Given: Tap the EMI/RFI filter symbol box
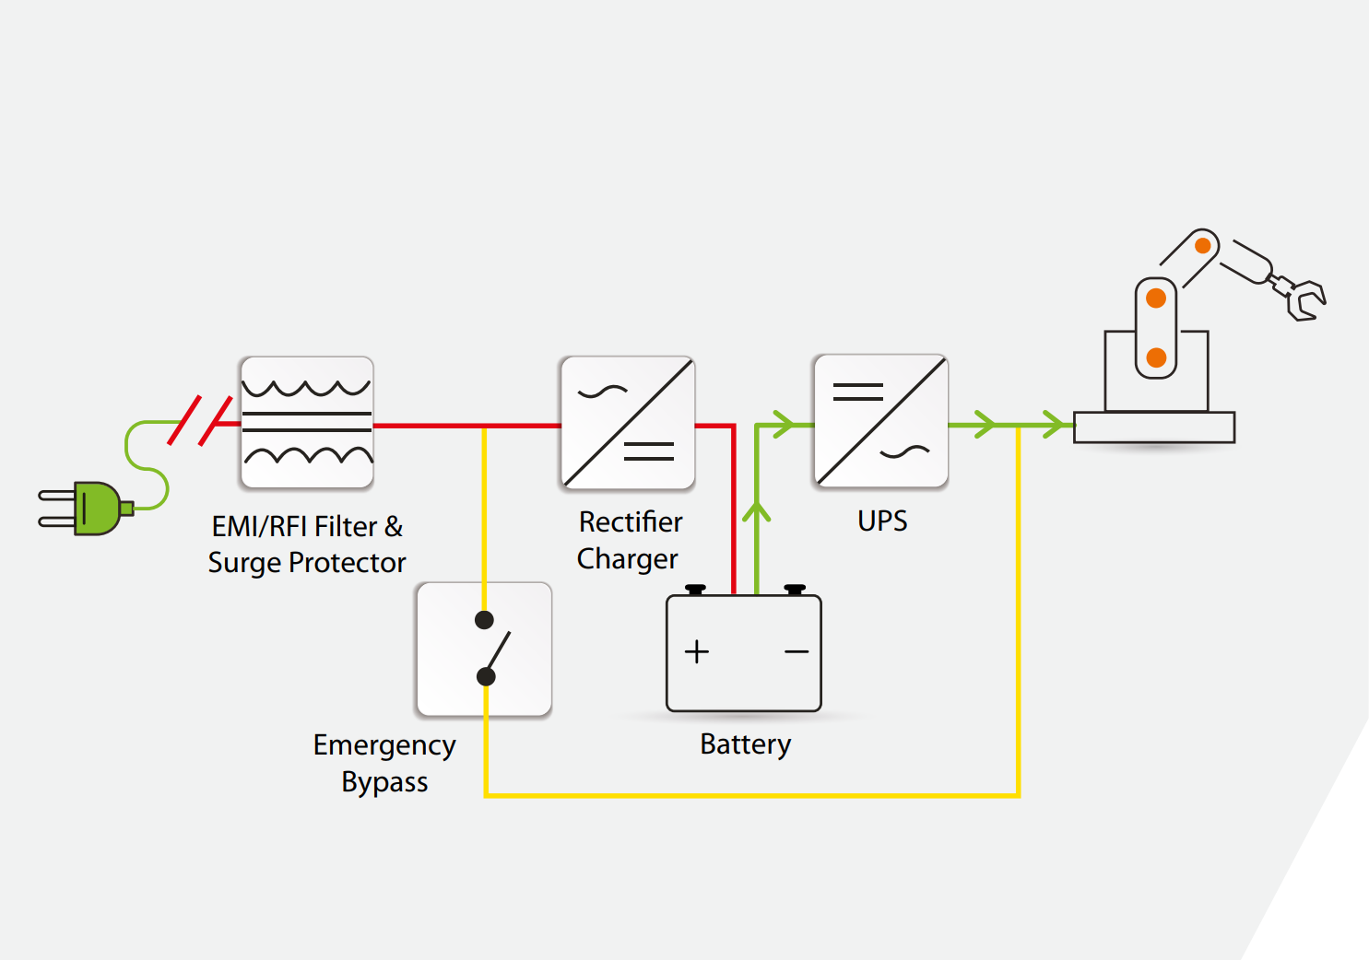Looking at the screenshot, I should click(307, 423).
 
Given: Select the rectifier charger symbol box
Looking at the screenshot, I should click(628, 423).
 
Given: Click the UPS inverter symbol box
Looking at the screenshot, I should click(881, 421).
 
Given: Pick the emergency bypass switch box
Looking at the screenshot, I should click(484, 650).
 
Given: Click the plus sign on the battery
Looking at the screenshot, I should click(697, 651).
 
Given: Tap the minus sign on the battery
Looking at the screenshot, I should click(797, 651).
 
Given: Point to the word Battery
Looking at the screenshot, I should click(745, 744).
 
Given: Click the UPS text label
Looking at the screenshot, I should click(882, 521).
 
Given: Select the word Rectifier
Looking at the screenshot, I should click(631, 522).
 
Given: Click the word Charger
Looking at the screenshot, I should click(627, 559).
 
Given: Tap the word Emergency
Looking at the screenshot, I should click(384, 745).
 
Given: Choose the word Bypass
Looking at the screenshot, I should click(384, 782).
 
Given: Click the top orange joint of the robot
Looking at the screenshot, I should click(1203, 246).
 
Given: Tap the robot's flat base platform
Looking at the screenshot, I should click(1154, 427).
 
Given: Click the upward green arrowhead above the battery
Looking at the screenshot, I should click(756, 512).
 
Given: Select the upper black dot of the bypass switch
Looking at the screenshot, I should click(484, 620).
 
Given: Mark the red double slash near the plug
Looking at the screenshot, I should click(200, 421).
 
